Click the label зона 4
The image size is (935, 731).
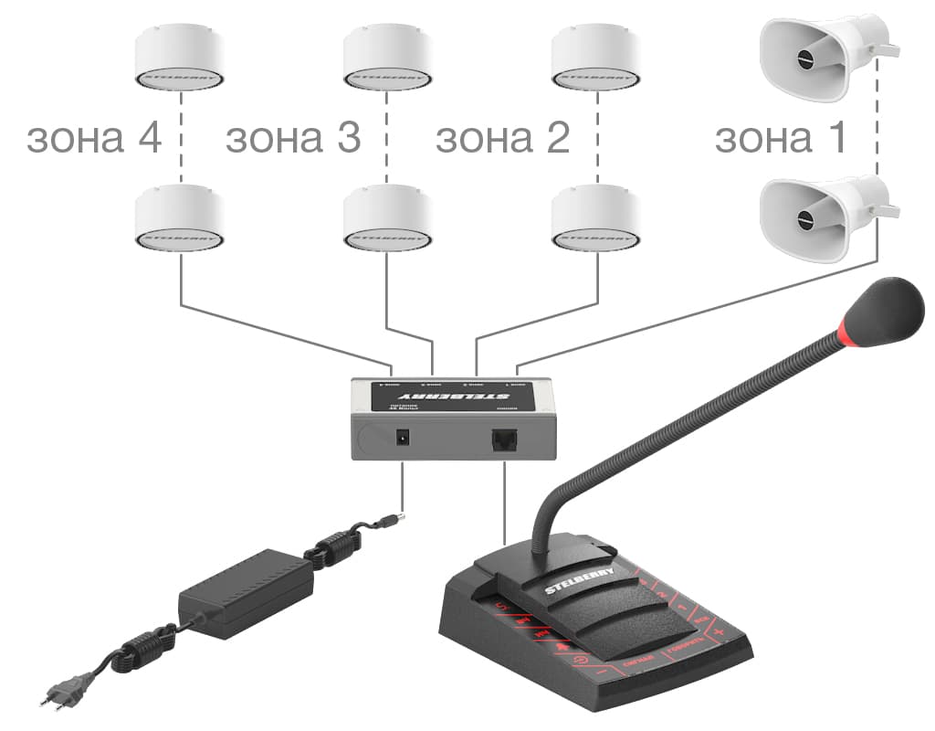(x=94, y=139)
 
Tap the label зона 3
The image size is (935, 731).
(x=293, y=139)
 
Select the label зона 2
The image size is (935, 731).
(x=502, y=139)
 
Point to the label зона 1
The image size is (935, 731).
(x=780, y=139)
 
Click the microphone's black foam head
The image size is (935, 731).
(x=885, y=310)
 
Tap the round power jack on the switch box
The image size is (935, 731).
(x=400, y=438)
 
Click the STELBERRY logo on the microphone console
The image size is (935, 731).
(x=581, y=580)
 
